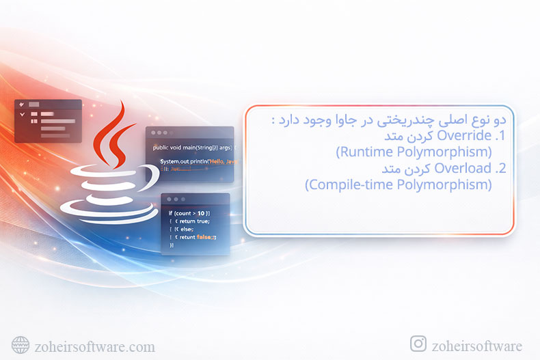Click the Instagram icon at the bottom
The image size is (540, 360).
coord(418,344)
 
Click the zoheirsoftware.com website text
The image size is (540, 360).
coord(94,346)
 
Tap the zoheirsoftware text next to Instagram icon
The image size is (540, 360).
coord(477,346)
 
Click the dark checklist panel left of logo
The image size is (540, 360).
coord(48,121)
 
